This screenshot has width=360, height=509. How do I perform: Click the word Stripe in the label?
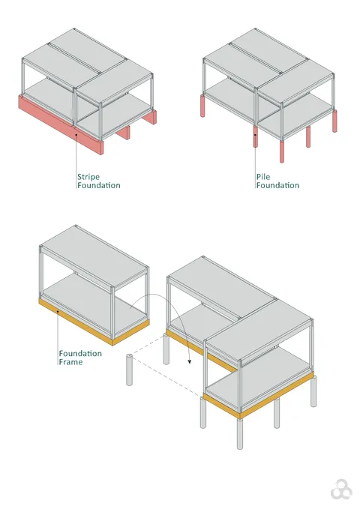click(x=88, y=178)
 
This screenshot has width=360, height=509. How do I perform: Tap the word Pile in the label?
click(x=262, y=178)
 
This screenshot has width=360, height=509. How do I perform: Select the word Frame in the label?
click(x=70, y=361)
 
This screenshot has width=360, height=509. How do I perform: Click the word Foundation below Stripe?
click(x=98, y=186)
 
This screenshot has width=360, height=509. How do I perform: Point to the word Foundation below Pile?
click(x=277, y=186)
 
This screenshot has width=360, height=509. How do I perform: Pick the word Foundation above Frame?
click(x=81, y=353)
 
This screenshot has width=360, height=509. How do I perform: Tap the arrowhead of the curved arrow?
click(x=190, y=361)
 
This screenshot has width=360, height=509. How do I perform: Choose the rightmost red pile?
click(x=335, y=121)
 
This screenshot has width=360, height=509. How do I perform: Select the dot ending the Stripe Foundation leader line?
click(x=77, y=136)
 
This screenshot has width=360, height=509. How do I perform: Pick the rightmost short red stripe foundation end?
click(x=153, y=118)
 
